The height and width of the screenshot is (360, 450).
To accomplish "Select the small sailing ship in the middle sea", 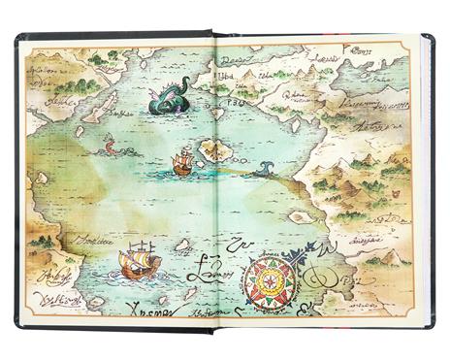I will click(x=181, y=162).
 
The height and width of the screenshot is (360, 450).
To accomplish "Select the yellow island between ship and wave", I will click(x=215, y=149).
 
